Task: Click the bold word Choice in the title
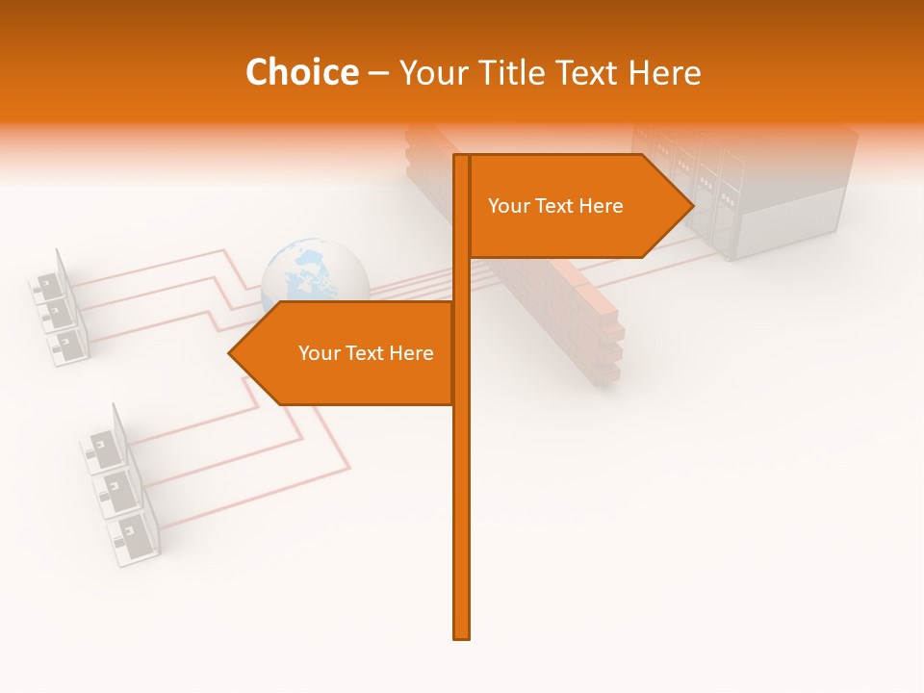pyautogui.click(x=301, y=73)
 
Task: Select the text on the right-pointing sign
pyautogui.click(x=555, y=206)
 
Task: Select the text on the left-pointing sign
pyautogui.click(x=366, y=353)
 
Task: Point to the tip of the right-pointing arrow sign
pyautogui.click(x=691, y=206)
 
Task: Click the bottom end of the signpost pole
pyautogui.click(x=462, y=635)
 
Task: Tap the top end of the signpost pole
pyautogui.click(x=462, y=157)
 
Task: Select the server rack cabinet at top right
pyautogui.click(x=760, y=192)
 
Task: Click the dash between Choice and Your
pyautogui.click(x=378, y=73)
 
